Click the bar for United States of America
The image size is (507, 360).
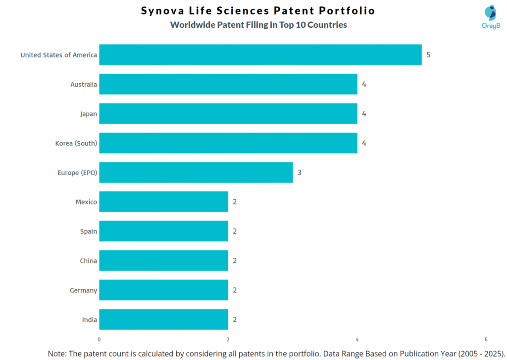pyautogui.click(x=260, y=54)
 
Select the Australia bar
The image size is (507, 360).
pyautogui.click(x=228, y=84)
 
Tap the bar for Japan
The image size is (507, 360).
pyautogui.click(x=228, y=113)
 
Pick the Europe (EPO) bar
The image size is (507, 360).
pyautogui.click(x=196, y=172)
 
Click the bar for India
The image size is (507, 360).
pyautogui.click(x=163, y=319)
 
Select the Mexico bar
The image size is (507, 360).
pyautogui.click(x=163, y=202)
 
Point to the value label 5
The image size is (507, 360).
pyautogui.click(x=428, y=54)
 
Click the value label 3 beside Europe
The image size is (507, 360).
pyautogui.click(x=300, y=172)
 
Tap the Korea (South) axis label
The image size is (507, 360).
pyautogui.click(x=76, y=143)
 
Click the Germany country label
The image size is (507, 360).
pyautogui.click(x=83, y=290)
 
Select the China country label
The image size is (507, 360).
pyautogui.click(x=88, y=260)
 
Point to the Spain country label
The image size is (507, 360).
pyautogui.click(x=89, y=231)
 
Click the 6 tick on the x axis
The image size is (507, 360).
pyautogui.click(x=486, y=339)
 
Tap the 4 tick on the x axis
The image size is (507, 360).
pyautogui.click(x=357, y=339)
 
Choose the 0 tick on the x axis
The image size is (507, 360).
pyautogui.click(x=99, y=339)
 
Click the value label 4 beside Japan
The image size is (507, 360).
pyautogui.click(x=364, y=113)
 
